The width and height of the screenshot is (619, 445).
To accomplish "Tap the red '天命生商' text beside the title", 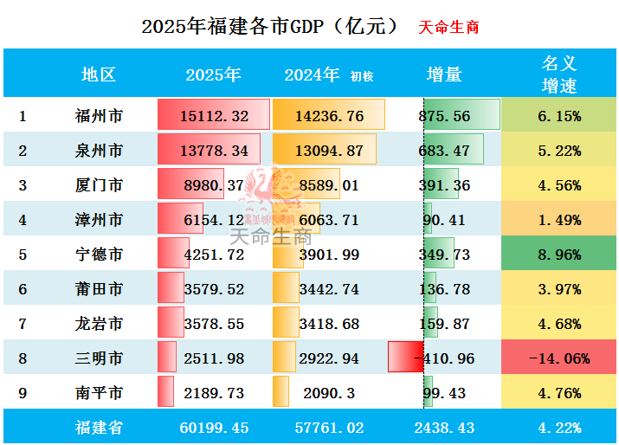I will pos(448,27).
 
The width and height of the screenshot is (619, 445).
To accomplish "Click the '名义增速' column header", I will pos(559,74).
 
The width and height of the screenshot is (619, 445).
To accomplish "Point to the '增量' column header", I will pos(444,74).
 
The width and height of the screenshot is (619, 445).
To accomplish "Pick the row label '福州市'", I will pos(99,116).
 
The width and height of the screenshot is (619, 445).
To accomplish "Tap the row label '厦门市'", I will pos(99,185).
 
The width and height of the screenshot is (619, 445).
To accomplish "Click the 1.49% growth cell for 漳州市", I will pos(559,220).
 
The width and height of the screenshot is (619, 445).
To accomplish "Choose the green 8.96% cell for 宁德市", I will pos(559,255).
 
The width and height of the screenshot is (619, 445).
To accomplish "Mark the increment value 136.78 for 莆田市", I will pos(446,289).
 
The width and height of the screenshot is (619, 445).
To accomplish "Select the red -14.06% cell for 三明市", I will pos(559,358).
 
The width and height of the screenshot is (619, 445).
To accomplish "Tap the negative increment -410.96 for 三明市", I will pos(444,358).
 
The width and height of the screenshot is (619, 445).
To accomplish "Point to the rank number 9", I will pos(23,393).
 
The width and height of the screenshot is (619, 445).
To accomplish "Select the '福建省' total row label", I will pos(99,427).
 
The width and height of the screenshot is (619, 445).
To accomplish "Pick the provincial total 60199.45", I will pos(216,427).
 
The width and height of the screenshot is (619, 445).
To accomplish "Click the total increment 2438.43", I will pos(444,427).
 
